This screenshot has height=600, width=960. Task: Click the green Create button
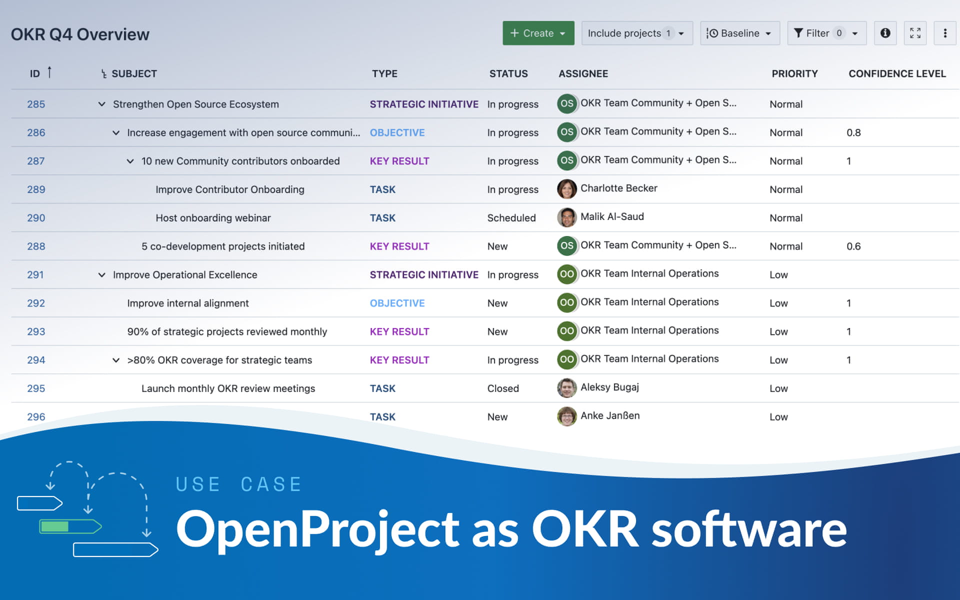coord(538,33)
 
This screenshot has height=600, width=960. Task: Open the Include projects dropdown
coord(636,33)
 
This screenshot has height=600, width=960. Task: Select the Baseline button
coord(739,33)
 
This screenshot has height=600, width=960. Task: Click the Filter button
coord(826,33)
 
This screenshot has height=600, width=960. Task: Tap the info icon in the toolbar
coord(885,33)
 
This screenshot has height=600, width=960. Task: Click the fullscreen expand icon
coord(915,33)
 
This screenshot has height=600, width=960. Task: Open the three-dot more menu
coord(944,33)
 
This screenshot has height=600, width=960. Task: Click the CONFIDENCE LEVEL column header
coord(897,73)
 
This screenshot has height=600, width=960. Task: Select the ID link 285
coord(36,104)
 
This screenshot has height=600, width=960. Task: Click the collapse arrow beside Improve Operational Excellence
coord(101,274)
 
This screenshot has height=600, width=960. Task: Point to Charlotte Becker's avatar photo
coord(566,189)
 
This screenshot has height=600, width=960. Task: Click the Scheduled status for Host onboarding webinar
coord(511,218)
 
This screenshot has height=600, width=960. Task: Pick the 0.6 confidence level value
coord(853,246)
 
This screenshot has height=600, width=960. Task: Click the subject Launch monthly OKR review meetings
coord(228,388)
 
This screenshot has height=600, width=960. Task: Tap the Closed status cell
coord(503,388)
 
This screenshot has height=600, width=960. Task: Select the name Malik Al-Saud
coord(612,216)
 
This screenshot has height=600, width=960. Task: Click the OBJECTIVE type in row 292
coord(397,303)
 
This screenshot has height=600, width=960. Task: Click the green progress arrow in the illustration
coord(70,526)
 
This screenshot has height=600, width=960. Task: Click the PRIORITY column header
coord(794,73)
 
